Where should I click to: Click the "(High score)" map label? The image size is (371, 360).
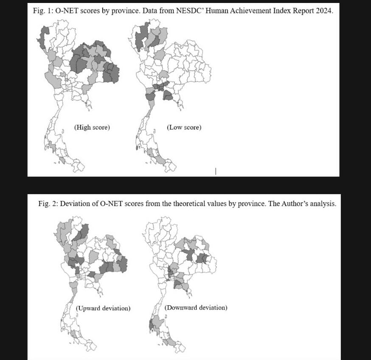(x=92, y=127)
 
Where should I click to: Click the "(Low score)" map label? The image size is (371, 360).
(x=184, y=127)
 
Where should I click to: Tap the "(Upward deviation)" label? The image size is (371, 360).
(x=103, y=308)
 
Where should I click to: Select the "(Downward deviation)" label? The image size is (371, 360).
(x=196, y=307)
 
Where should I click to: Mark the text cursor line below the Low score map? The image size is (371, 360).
(x=216, y=171)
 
